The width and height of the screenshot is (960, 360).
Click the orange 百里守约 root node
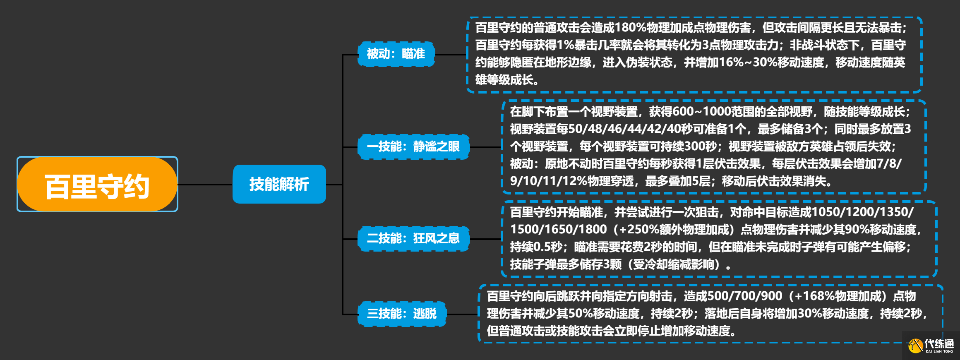point(97,185)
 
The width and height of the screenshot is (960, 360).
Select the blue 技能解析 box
point(279,184)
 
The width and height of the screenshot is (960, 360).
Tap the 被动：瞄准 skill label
point(396,54)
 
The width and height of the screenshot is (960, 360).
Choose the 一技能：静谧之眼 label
point(413,146)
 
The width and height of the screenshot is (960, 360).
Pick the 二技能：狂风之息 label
point(413,238)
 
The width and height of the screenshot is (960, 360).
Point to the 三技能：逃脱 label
point(402,314)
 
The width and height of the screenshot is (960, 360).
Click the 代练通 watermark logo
point(931,345)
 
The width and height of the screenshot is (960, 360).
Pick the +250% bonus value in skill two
point(637,229)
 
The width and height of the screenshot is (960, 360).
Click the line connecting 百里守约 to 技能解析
point(205,185)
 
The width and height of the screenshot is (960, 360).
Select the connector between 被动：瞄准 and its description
point(451,54)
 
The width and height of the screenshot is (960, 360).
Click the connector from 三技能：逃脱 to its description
point(462,314)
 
